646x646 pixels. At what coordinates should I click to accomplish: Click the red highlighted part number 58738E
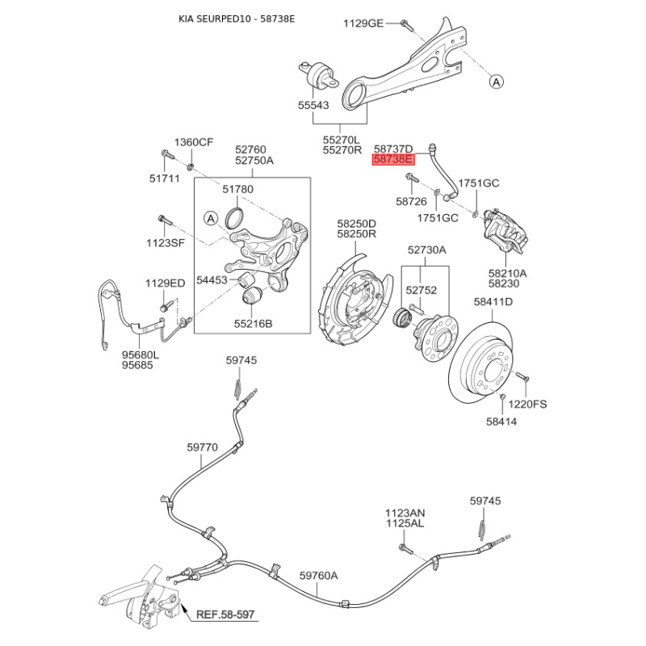pos(392,160)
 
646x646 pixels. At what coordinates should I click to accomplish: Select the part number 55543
pos(313,105)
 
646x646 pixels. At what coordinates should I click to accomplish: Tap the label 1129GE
pos(363,23)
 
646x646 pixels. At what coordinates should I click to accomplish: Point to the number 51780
pos(238,189)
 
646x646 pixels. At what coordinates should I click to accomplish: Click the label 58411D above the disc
pos(493,302)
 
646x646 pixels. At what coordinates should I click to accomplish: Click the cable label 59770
pos(203,447)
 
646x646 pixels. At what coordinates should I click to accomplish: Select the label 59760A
pos(318,575)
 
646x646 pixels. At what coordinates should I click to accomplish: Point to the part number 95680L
pos(141,354)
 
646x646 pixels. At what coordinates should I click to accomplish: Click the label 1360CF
pos(195,143)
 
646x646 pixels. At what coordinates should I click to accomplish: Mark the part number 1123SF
pos(165,242)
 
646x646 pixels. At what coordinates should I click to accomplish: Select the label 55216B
pos(254,324)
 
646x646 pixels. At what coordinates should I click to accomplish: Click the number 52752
pos(421,289)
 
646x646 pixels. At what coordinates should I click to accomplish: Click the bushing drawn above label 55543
pos(318,75)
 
